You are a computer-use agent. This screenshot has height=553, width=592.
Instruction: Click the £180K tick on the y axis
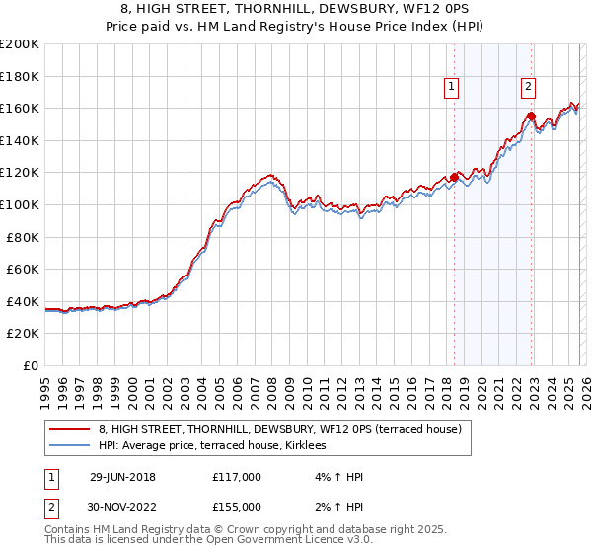(21, 76)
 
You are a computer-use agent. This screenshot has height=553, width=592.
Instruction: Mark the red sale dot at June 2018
(454, 178)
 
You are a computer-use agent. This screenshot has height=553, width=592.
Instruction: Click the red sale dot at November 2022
(531, 117)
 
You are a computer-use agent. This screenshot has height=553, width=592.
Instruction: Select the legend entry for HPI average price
(219, 446)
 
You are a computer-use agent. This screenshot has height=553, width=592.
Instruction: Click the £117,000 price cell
(236, 477)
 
